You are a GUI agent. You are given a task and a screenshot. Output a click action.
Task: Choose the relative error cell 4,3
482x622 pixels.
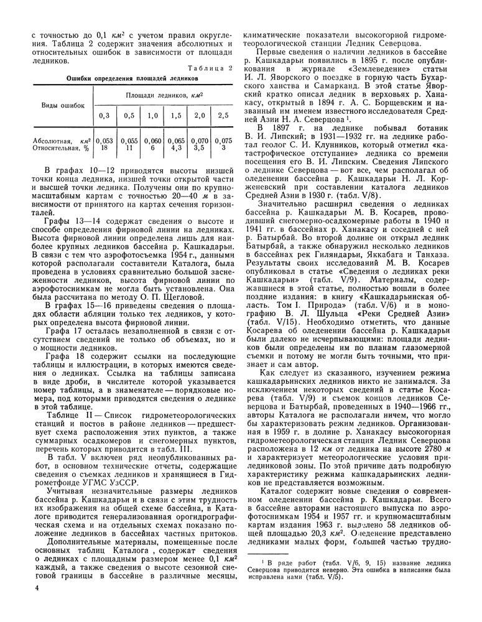point(175,149)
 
